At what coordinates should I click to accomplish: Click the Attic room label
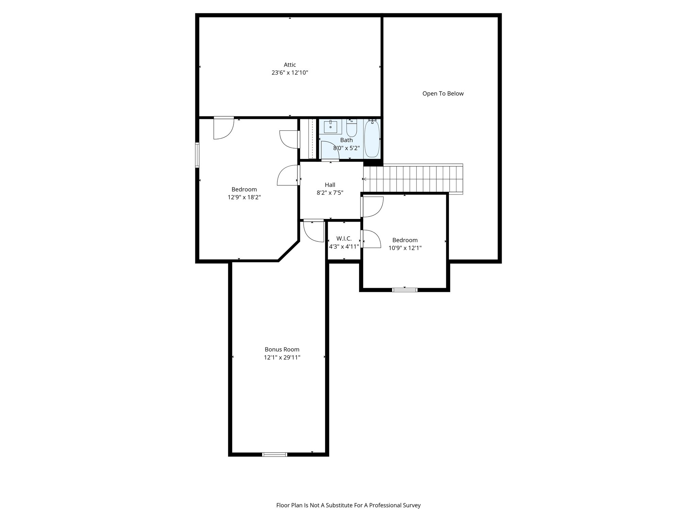click(290, 65)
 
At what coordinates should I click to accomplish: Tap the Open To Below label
click(443, 94)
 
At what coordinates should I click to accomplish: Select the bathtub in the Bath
click(372, 139)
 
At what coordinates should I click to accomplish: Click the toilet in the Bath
click(351, 128)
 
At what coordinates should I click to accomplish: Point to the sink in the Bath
click(330, 127)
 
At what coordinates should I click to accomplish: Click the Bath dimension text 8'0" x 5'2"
click(346, 148)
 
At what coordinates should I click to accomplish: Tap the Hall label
click(330, 185)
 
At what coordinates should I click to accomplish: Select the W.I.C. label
click(344, 239)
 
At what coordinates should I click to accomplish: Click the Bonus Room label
click(282, 349)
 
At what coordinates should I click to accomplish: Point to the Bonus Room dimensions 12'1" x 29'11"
click(282, 358)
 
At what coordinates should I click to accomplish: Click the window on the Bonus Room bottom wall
click(275, 454)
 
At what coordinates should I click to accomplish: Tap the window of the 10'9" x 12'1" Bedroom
click(404, 290)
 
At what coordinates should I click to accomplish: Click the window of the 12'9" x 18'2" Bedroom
click(197, 155)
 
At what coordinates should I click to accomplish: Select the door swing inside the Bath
click(329, 150)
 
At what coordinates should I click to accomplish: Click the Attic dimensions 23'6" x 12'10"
click(290, 73)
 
